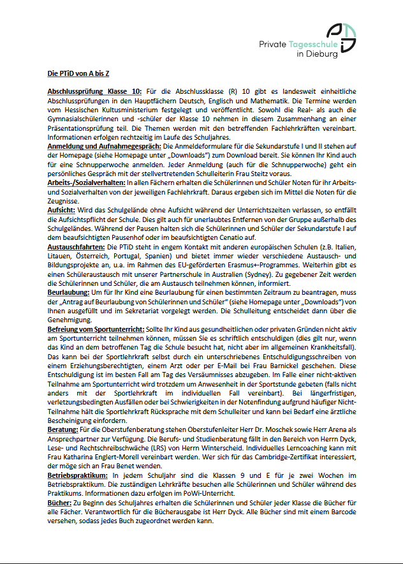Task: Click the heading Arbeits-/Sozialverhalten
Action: tap(86, 183)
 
